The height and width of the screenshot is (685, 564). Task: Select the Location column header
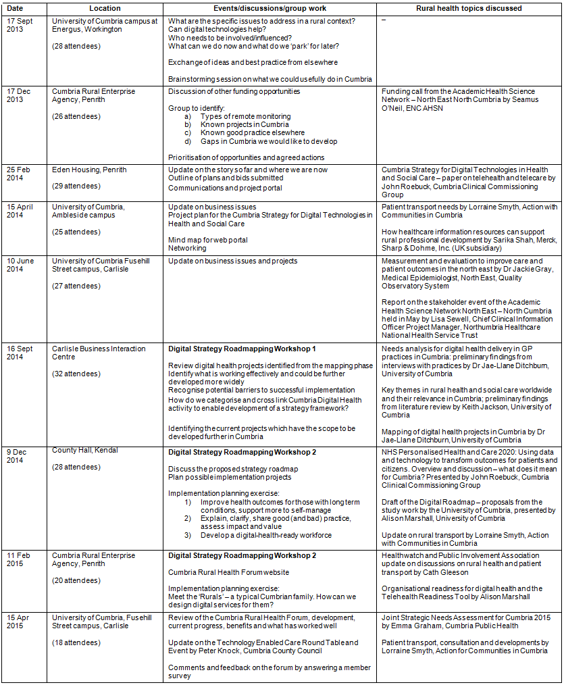coord(105,8)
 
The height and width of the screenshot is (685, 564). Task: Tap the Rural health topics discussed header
coord(469,8)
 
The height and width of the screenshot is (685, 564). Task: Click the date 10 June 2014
coord(24,265)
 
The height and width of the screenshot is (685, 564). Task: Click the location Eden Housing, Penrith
coord(89,170)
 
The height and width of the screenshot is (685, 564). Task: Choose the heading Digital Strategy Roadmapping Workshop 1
coord(242,349)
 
